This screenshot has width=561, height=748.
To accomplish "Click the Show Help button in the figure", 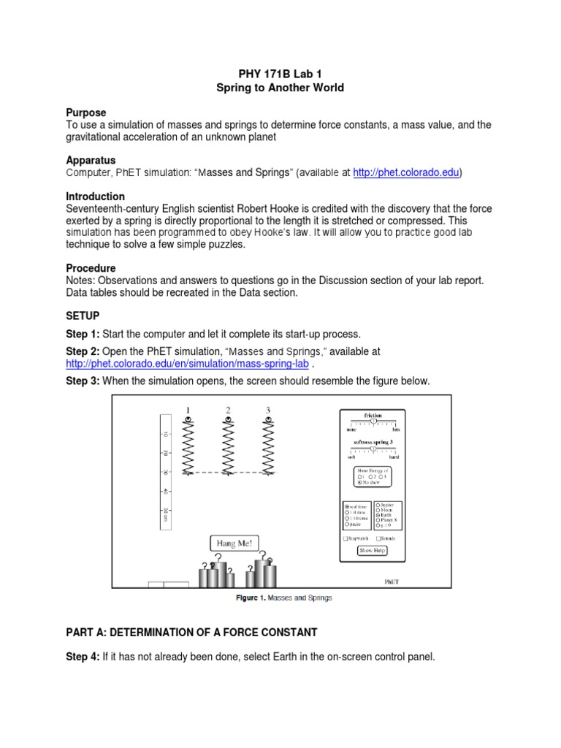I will coord(372,551).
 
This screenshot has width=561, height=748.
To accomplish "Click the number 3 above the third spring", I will coord(268,410).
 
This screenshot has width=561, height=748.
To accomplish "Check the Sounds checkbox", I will coord(378,538).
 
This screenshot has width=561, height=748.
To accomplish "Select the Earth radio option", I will coord(378,515).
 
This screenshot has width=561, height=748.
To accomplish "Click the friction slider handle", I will coord(373,421).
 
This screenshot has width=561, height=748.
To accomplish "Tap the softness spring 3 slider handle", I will coord(374,450).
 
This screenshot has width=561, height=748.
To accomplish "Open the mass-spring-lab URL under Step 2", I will coord(188,364).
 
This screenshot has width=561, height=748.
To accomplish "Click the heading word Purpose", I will coord(86,112).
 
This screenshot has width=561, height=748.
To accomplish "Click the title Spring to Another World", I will coord(280,88).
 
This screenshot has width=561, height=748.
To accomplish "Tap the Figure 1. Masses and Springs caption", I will coord(283,598).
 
